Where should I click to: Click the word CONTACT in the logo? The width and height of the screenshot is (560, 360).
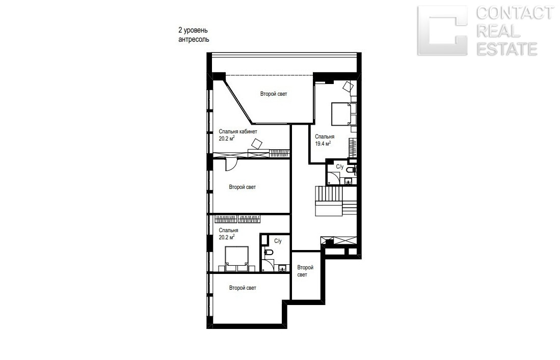(x=515, y=13)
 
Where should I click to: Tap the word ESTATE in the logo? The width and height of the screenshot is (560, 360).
(x=507, y=49)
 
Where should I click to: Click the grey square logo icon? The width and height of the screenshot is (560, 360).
(x=442, y=31)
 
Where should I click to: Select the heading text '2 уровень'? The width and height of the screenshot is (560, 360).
(x=193, y=31)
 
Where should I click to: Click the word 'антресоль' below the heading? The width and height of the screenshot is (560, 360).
(x=194, y=39)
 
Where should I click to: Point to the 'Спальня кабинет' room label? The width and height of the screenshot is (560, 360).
(x=238, y=131)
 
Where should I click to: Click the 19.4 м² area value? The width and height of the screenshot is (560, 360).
(x=323, y=144)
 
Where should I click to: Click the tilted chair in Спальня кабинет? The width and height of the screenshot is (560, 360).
(x=257, y=144)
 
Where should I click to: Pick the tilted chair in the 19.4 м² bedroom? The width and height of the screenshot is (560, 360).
(x=348, y=86)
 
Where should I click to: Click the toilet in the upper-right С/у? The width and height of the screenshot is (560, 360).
(x=352, y=170)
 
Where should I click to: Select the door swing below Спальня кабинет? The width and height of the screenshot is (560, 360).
(x=230, y=165)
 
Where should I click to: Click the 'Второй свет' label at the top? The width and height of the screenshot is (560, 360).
(x=274, y=94)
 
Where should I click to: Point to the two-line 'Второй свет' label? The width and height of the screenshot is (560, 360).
(x=305, y=271)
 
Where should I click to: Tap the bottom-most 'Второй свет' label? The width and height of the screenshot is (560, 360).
(x=243, y=288)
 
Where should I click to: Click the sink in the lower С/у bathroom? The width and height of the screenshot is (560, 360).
(x=283, y=268)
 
